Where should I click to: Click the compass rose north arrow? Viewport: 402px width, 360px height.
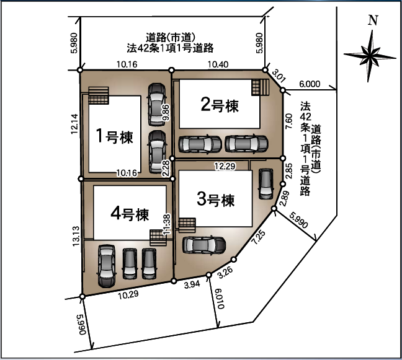[370, 56]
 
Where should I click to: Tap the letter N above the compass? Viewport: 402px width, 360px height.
[373, 20]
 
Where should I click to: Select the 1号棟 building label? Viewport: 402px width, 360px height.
[114, 136]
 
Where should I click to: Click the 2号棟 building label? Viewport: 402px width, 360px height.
[220, 105]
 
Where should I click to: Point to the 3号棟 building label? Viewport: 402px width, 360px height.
[216, 199]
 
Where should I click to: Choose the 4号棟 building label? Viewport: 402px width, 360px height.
[130, 214]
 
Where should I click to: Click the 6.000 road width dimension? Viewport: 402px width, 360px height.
[310, 84]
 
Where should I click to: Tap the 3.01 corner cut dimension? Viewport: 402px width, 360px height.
[279, 76]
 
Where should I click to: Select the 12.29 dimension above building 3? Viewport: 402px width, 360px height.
[225, 166]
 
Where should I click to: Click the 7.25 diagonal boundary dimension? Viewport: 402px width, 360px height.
[259, 237]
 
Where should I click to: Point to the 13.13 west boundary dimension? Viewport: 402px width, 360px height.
[76, 236]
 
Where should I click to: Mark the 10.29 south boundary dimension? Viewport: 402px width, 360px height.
[128, 295]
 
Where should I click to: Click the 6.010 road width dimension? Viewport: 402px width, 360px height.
[220, 299]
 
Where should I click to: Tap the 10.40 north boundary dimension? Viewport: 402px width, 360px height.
[218, 64]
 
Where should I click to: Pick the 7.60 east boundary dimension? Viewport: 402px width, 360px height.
[288, 121]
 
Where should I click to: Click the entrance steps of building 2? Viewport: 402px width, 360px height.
[260, 87]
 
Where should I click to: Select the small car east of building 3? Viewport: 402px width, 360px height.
[266, 183]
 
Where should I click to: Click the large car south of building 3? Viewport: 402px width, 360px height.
[204, 245]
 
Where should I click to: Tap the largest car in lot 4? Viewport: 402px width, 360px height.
[107, 266]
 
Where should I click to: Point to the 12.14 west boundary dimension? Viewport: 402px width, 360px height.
[74, 124]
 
